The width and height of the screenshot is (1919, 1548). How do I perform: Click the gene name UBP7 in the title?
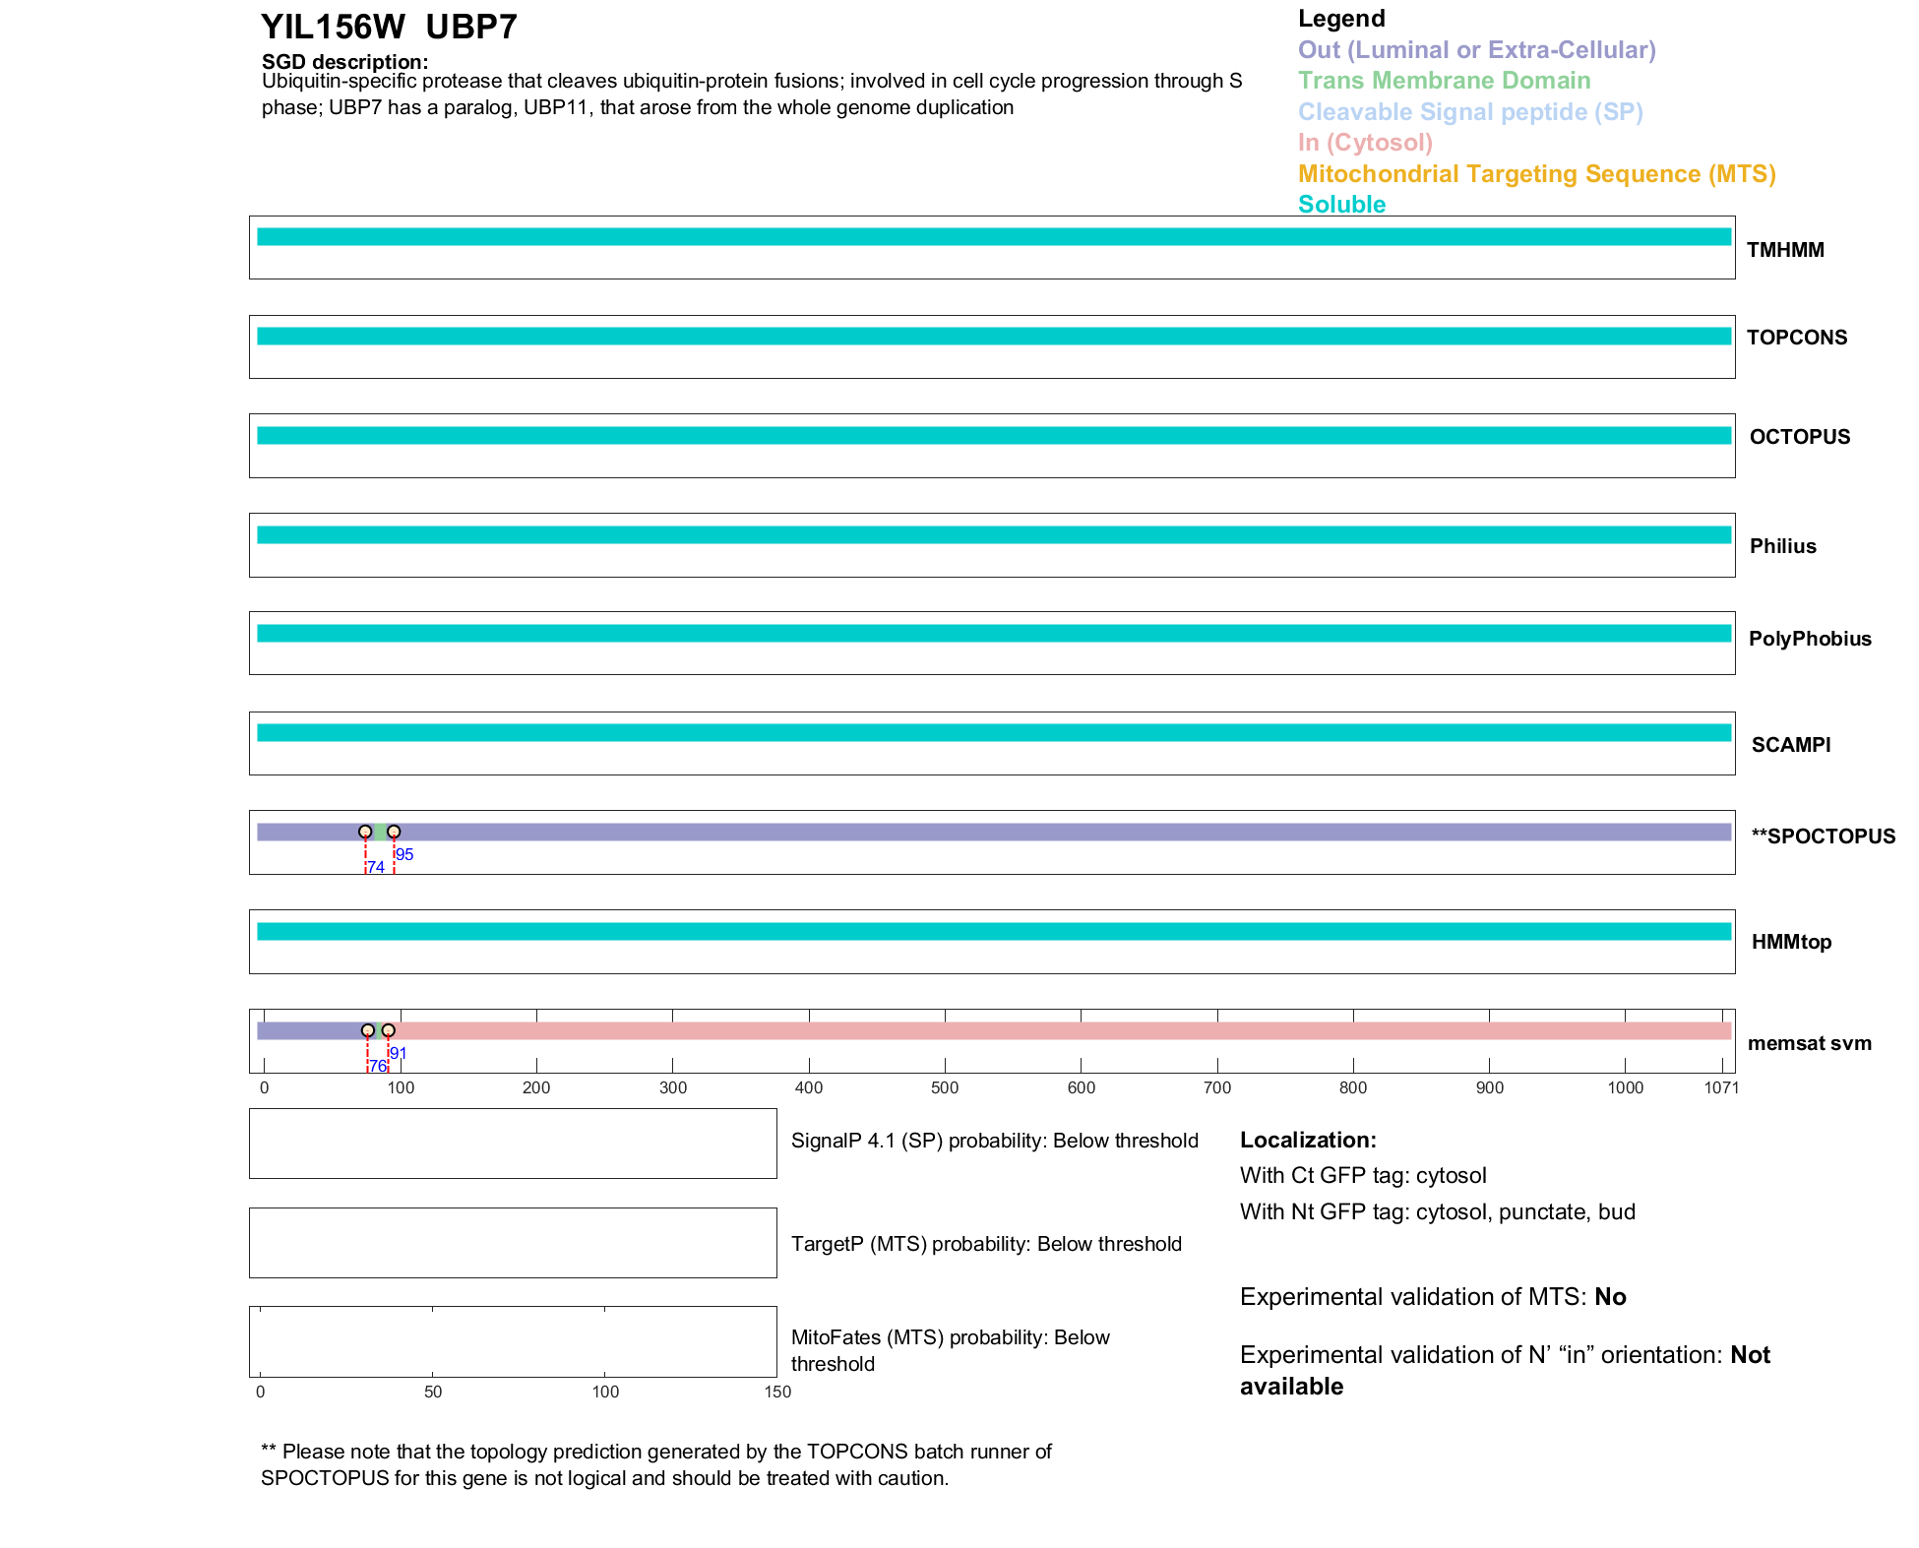point(471,28)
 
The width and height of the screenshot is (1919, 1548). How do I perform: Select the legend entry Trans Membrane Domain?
point(1444,81)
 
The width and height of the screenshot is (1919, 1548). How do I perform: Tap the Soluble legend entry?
point(1341,205)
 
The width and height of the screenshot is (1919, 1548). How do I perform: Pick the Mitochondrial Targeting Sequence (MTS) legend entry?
point(1536,174)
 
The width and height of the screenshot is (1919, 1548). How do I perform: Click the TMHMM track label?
point(1784,250)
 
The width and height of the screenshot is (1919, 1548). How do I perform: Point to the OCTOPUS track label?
point(1799,437)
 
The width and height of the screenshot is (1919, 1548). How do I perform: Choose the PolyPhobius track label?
point(1809,639)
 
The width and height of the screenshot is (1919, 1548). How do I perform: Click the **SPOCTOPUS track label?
point(1823,836)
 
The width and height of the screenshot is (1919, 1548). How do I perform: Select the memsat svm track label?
point(1809,1043)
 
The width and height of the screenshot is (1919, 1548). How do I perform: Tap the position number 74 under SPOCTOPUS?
point(376,867)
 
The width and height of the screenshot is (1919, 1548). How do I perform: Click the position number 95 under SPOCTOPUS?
point(404,854)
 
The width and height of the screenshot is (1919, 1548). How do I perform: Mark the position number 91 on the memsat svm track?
point(399,1053)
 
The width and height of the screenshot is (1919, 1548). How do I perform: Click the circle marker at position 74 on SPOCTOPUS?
point(365,832)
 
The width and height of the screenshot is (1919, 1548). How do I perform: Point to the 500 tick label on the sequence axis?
point(945,1087)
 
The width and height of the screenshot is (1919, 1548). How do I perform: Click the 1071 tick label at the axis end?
point(1721,1087)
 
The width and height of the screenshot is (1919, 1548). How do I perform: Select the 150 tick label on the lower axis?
point(777,1392)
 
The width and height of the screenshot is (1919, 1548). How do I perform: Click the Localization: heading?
point(1307,1140)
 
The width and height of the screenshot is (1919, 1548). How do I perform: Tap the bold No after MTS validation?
point(1610,1296)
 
